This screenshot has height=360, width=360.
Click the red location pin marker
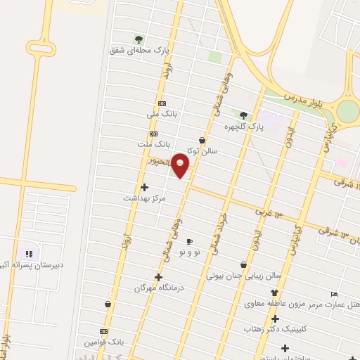click(x=181, y=165)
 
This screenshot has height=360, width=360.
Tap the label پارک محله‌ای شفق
click(x=140, y=51)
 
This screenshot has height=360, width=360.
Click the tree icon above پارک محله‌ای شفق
click(x=139, y=39)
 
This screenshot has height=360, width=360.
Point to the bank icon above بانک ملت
click(x=154, y=134)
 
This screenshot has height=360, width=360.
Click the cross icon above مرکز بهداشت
click(x=145, y=186)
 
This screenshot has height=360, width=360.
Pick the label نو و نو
click(x=190, y=252)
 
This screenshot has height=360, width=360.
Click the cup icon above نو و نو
click(x=189, y=241)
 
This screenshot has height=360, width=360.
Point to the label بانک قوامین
click(x=104, y=342)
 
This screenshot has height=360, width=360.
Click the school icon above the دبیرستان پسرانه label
click(x=29, y=254)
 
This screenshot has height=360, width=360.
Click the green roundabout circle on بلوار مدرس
click(x=347, y=111)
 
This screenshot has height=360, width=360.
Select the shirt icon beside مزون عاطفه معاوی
click(x=274, y=293)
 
